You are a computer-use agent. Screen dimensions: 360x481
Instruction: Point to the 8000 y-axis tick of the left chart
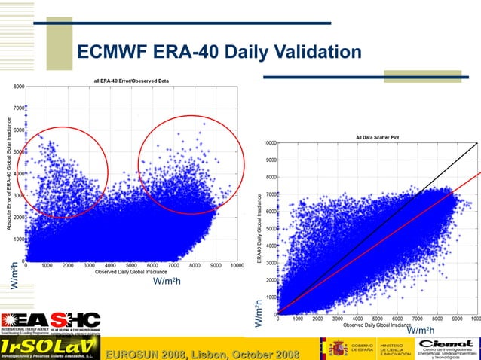[18, 87]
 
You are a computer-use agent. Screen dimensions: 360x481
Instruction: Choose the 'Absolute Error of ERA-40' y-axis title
[8, 177]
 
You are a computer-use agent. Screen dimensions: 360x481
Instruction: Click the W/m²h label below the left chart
[167, 281]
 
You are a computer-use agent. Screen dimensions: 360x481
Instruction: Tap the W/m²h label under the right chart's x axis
[420, 331]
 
